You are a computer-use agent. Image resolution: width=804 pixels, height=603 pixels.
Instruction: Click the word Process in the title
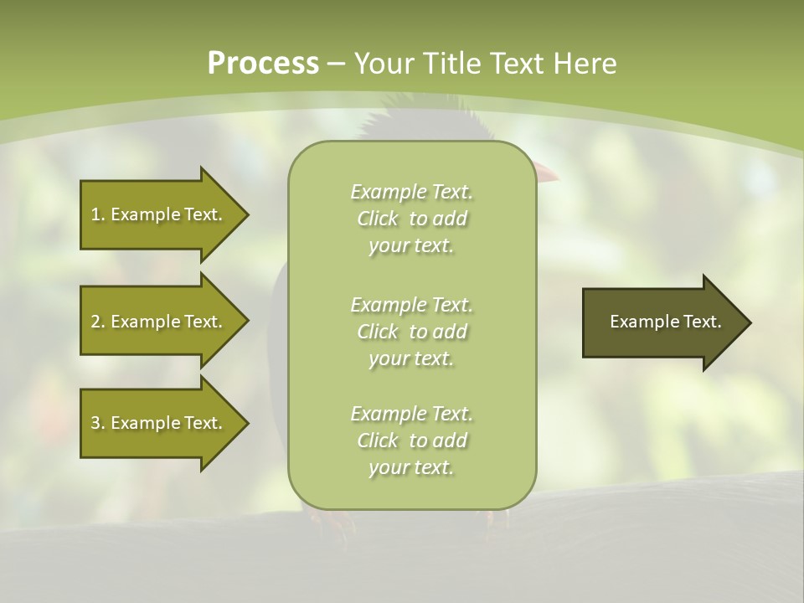[263, 64]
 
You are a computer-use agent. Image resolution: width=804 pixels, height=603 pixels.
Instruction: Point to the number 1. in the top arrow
[98, 214]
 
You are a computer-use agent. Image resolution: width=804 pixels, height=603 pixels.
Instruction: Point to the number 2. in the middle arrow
[98, 322]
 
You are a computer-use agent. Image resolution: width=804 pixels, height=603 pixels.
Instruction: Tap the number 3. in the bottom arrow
[98, 423]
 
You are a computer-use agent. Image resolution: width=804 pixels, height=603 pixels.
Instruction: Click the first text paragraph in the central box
[411, 219]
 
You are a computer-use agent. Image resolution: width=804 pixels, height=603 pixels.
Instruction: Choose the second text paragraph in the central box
[411, 332]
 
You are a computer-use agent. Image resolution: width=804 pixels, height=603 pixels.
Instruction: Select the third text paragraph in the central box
[411, 441]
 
